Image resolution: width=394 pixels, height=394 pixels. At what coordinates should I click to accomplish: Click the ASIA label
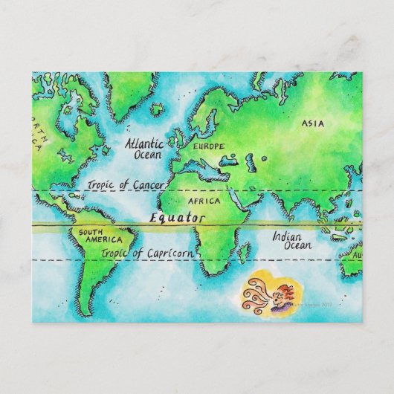(x=313, y=123)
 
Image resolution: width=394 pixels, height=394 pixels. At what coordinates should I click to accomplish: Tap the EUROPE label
(x=208, y=146)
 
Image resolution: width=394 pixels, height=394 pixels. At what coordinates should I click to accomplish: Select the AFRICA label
(x=204, y=201)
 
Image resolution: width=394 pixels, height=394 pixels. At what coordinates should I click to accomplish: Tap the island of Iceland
(x=157, y=110)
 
